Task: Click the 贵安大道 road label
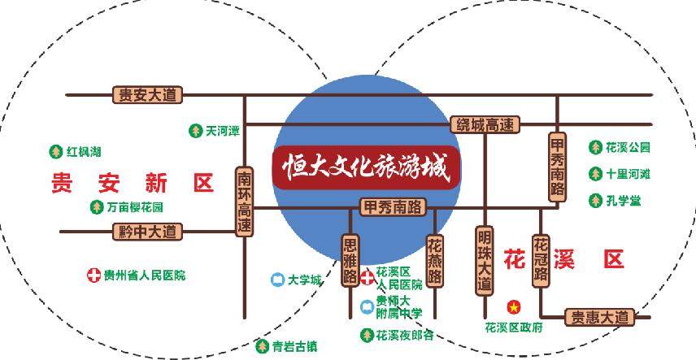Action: point(147,95)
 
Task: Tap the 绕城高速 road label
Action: point(485,124)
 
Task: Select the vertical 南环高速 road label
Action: point(244,201)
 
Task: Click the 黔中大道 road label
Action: point(147,232)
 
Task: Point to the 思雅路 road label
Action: point(350,260)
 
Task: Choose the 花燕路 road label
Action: point(434,261)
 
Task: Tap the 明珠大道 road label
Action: point(485,261)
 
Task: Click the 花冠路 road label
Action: point(541,261)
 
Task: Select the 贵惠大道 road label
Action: point(600,318)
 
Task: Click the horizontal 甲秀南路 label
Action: point(393,207)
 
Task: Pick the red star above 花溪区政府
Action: point(514,306)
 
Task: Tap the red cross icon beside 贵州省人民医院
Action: point(94,275)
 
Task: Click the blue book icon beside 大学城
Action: point(278,280)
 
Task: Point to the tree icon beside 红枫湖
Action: point(56,152)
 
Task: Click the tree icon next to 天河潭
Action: point(195,131)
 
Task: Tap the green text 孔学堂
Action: point(624,201)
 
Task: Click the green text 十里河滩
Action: point(628,174)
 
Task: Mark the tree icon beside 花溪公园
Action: point(595,147)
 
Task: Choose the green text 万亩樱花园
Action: point(135,207)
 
